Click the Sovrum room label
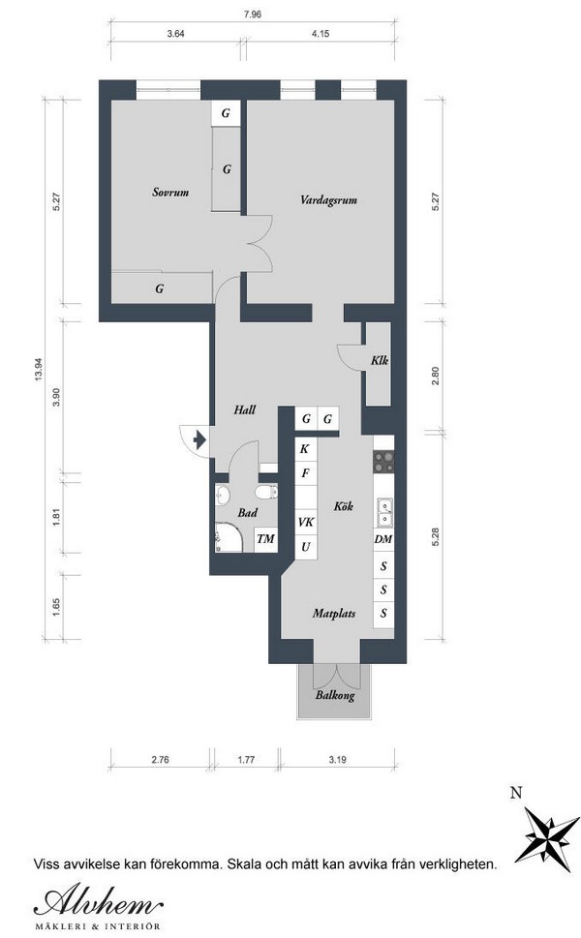[170, 192]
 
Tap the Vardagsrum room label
[328, 199]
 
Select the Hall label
[245, 409]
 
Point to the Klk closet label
[380, 360]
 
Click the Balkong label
[335, 696]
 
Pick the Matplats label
[334, 613]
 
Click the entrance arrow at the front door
[199, 440]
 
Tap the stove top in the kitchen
[383, 461]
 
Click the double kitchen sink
[383, 513]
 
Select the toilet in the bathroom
[266, 492]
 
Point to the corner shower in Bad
[228, 537]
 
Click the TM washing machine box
[265, 539]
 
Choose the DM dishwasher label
[382, 539]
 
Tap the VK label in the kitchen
[306, 523]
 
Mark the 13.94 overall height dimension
[39, 369]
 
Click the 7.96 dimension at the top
[253, 15]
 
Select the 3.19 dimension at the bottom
[338, 760]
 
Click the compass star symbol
[547, 833]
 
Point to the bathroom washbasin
[223, 495]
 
